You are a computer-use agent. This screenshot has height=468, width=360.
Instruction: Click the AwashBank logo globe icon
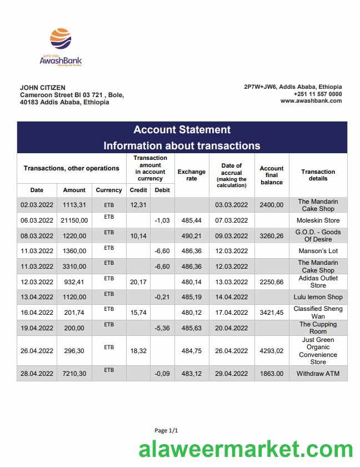61,39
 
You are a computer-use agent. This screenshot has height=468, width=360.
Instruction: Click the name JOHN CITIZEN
43,88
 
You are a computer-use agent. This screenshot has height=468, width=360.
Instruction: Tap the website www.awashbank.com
311,101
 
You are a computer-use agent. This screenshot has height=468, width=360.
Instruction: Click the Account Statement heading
182,130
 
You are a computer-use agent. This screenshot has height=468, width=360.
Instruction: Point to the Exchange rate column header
192,175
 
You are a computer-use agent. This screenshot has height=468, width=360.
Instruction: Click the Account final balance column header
272,175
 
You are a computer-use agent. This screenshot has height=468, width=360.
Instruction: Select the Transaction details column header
318,175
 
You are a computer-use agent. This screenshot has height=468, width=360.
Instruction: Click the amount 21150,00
74,220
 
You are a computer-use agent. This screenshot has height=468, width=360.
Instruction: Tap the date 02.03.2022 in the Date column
37,205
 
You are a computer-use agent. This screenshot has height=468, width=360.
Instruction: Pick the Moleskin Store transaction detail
318,220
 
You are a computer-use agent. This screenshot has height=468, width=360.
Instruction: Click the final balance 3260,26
272,235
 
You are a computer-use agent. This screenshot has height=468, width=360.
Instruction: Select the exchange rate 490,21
192,235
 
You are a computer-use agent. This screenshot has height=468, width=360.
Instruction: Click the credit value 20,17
138,282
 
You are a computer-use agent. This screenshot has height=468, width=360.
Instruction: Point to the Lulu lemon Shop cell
318,297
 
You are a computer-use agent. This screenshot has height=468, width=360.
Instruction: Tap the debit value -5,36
162,328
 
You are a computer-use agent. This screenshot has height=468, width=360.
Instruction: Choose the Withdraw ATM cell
318,374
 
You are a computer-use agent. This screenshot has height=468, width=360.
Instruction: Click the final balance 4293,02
272,351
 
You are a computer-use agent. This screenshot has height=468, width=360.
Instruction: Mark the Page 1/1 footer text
166,430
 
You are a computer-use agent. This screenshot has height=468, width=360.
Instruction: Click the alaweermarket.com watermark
245,449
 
